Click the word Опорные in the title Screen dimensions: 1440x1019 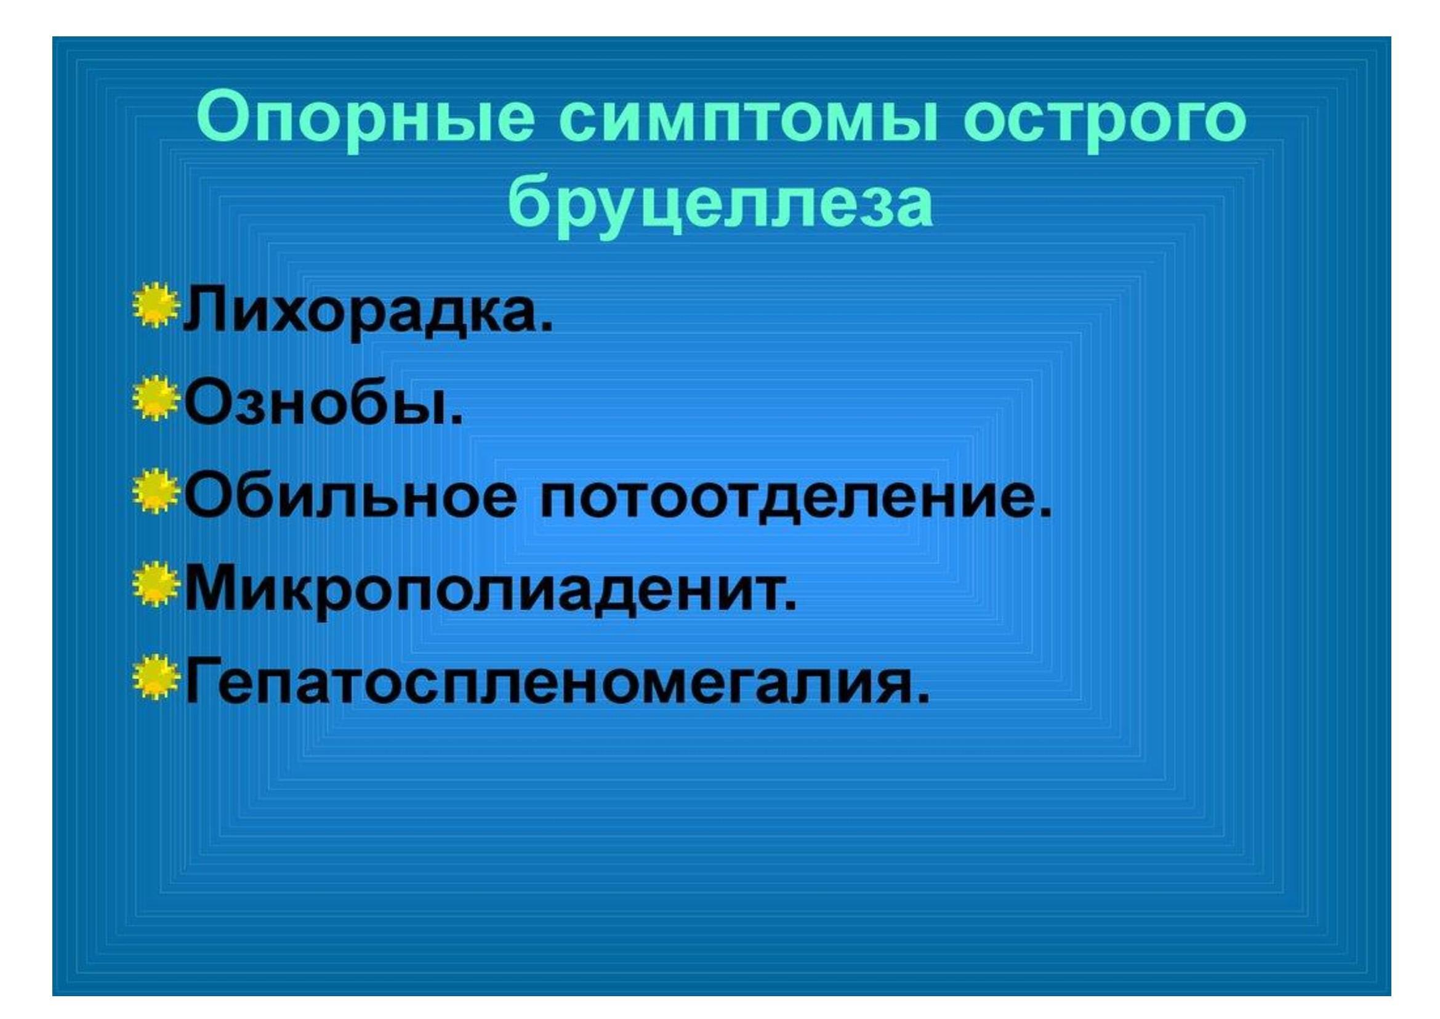click(x=366, y=120)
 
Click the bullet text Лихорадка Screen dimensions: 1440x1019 click(x=368, y=311)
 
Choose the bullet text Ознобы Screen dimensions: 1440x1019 click(x=324, y=402)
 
